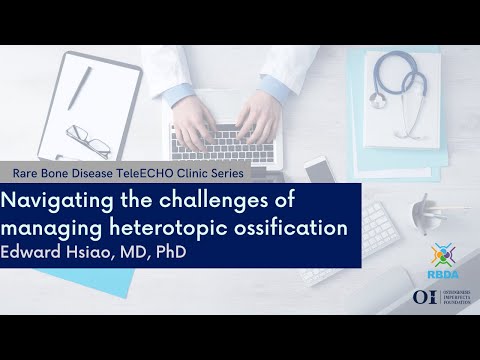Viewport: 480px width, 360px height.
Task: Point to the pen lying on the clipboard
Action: pyautogui.click(x=79, y=89)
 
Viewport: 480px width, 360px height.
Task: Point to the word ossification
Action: pyautogui.click(x=301, y=227)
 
